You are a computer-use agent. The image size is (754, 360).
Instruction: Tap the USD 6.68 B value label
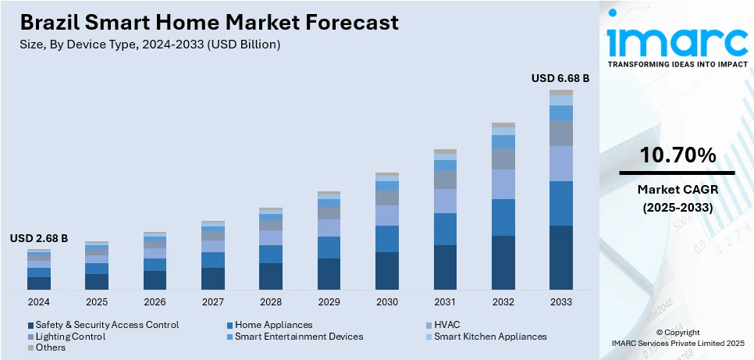[x=560, y=78]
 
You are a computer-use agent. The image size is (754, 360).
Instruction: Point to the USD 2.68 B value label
[x=38, y=238]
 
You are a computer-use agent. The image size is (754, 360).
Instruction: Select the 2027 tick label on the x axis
[x=212, y=301]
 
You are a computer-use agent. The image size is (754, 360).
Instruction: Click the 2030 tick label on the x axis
[x=386, y=301]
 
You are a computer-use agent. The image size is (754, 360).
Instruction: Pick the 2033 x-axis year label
[x=560, y=301]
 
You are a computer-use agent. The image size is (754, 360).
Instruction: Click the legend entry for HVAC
[x=449, y=325]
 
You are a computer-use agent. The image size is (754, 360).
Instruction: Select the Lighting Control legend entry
[x=70, y=337]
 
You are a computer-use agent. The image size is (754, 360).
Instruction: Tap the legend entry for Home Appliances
[x=273, y=325]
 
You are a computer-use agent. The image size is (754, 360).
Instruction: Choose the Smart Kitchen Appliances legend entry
[x=490, y=337]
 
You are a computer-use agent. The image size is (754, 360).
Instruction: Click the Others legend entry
[x=51, y=348]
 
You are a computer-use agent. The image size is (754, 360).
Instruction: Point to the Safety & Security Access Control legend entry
[x=107, y=325]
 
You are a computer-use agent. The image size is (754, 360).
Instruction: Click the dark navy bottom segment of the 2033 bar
[x=560, y=258]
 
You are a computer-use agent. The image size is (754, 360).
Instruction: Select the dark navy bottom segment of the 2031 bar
[x=445, y=267]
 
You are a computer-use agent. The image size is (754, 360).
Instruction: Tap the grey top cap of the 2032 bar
[x=503, y=125]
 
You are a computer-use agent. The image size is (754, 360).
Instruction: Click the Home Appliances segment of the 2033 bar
[x=560, y=203]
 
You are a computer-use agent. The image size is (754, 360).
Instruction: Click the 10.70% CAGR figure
[x=678, y=155]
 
